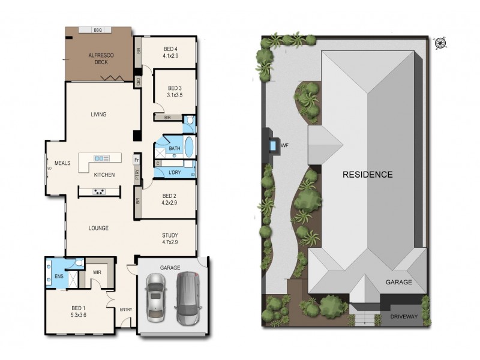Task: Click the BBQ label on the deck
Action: (98, 31)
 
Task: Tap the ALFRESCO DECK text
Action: (101, 58)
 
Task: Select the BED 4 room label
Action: (170, 52)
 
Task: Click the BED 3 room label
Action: (175, 92)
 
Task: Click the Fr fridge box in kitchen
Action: (137, 160)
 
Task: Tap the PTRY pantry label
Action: (137, 175)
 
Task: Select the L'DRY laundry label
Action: (175, 173)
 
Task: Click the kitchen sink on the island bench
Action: (101, 158)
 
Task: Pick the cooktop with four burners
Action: (99, 192)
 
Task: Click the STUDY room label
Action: (170, 239)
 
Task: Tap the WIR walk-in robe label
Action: (97, 272)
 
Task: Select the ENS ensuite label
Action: (59, 277)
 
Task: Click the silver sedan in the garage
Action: (156, 298)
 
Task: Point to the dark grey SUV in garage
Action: (188, 298)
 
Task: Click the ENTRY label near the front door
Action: (126, 310)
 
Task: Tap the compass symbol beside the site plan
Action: (440, 43)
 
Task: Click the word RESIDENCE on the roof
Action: (367, 175)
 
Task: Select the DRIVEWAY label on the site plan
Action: (404, 317)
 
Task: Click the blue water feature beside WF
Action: (272, 145)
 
